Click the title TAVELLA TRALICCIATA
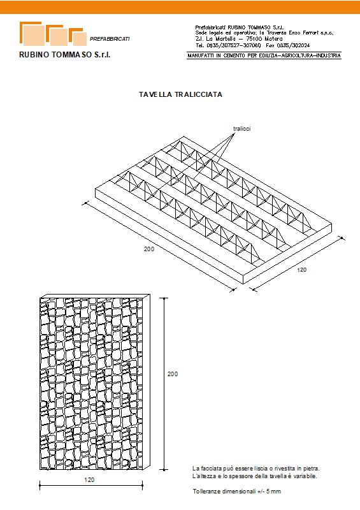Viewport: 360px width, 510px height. (180, 94)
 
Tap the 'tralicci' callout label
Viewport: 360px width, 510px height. (242, 129)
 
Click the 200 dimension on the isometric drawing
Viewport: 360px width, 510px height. (149, 249)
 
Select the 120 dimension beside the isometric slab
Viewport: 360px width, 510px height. (301, 270)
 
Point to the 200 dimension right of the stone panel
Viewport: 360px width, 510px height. (173, 374)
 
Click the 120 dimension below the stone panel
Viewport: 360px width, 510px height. (89, 480)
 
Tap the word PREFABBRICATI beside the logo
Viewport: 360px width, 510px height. (110, 39)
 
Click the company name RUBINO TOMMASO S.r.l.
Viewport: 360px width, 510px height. (65, 55)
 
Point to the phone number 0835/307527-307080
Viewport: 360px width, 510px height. (233, 45)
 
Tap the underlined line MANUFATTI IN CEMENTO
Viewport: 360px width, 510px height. (264, 55)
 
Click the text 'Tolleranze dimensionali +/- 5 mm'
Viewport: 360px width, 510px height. (237, 491)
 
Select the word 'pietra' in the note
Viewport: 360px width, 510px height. (312, 469)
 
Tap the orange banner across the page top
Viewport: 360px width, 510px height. (180, 7)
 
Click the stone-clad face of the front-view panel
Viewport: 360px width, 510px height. (91, 384)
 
